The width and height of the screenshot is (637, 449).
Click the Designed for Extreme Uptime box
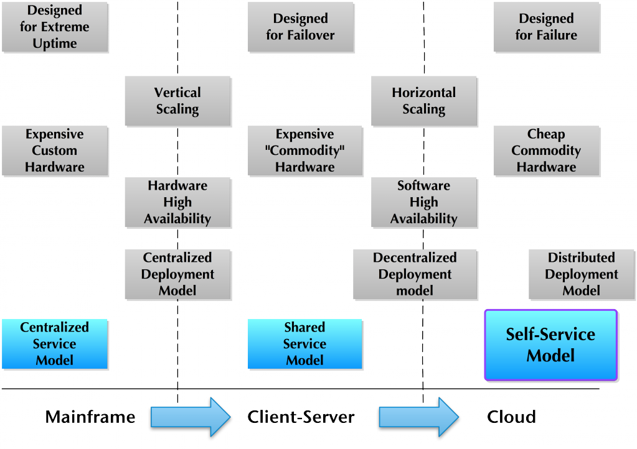click(55, 27)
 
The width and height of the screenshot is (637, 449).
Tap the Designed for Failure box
click(546, 27)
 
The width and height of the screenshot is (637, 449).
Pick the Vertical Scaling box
click(177, 101)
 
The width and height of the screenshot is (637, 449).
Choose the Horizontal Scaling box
click(423, 101)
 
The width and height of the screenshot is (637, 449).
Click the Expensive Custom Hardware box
click(55, 150)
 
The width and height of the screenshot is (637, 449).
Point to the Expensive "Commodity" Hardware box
click(304, 150)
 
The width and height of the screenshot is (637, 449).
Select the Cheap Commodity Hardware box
click(546, 150)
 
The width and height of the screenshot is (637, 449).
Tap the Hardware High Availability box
click(177, 202)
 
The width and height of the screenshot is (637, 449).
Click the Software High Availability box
click(423, 202)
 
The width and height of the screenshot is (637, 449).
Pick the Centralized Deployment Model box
click(177, 274)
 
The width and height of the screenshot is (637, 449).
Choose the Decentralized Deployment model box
click(415, 274)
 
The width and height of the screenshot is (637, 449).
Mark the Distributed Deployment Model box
click(582, 274)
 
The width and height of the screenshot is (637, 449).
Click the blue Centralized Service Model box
click(55, 344)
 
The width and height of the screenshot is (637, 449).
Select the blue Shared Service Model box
click(304, 344)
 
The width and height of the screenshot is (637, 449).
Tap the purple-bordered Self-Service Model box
click(550, 345)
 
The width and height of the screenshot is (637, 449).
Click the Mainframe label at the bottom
click(90, 417)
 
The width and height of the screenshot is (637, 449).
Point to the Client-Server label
click(301, 417)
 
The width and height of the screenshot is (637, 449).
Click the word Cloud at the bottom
click(511, 417)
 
